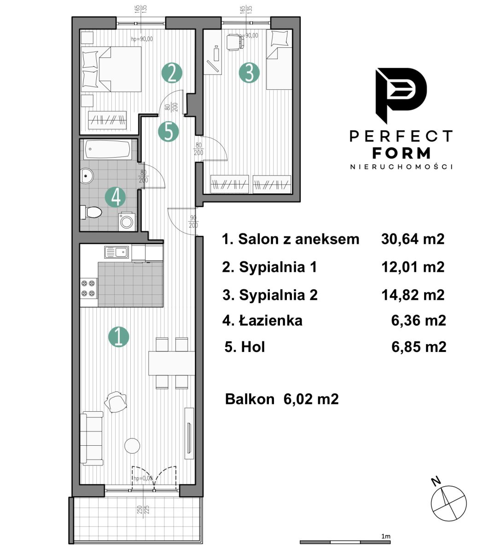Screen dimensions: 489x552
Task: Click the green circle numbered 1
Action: (118, 337)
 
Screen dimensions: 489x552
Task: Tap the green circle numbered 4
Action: (116, 197)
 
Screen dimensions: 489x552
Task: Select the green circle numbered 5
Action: (168, 132)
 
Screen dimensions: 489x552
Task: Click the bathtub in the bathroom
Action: (108, 149)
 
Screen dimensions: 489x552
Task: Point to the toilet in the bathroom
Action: (91, 212)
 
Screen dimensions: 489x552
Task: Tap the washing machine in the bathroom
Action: (127, 222)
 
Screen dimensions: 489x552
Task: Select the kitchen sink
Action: (116, 252)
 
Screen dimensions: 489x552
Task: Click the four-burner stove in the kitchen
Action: (88, 288)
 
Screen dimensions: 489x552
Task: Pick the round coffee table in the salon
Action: (132, 446)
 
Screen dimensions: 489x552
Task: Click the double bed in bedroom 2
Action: (111, 69)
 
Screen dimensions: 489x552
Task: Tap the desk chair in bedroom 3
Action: (235, 42)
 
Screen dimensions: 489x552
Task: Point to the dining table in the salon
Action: (172, 363)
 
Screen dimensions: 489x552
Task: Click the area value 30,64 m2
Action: (413, 239)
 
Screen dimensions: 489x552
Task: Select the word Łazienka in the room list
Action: (271, 321)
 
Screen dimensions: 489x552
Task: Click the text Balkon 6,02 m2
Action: (282, 399)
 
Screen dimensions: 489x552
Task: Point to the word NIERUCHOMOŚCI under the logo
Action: (402, 167)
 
